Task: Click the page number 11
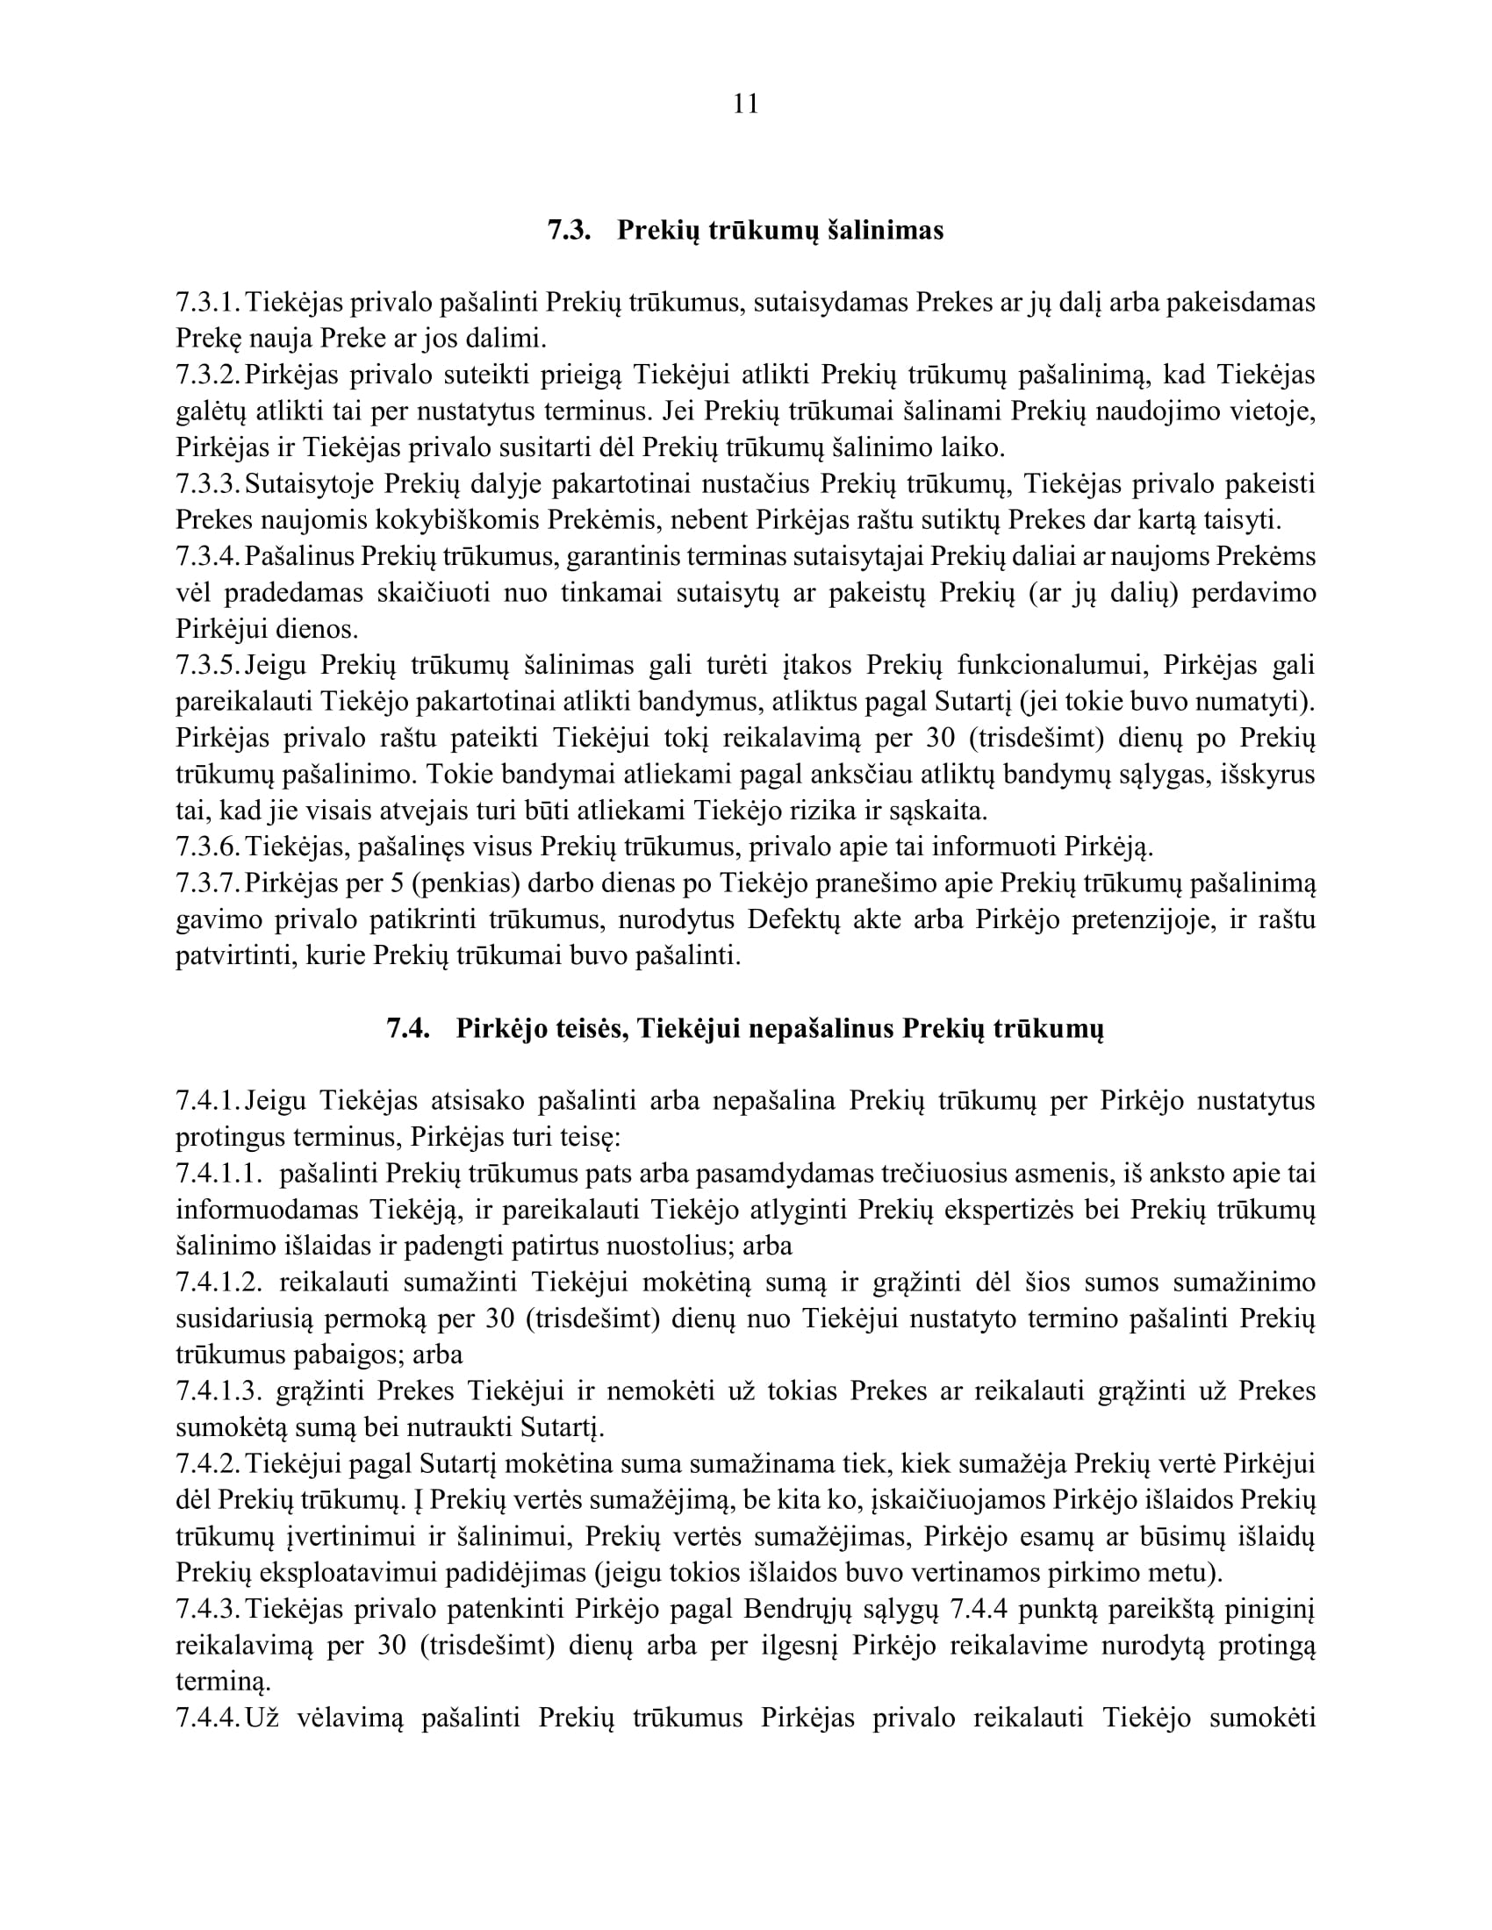[x=745, y=104]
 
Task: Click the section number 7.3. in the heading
[x=569, y=231]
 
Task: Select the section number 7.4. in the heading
[x=408, y=1029]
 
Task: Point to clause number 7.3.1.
[x=208, y=303]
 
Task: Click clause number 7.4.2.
[x=208, y=1464]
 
